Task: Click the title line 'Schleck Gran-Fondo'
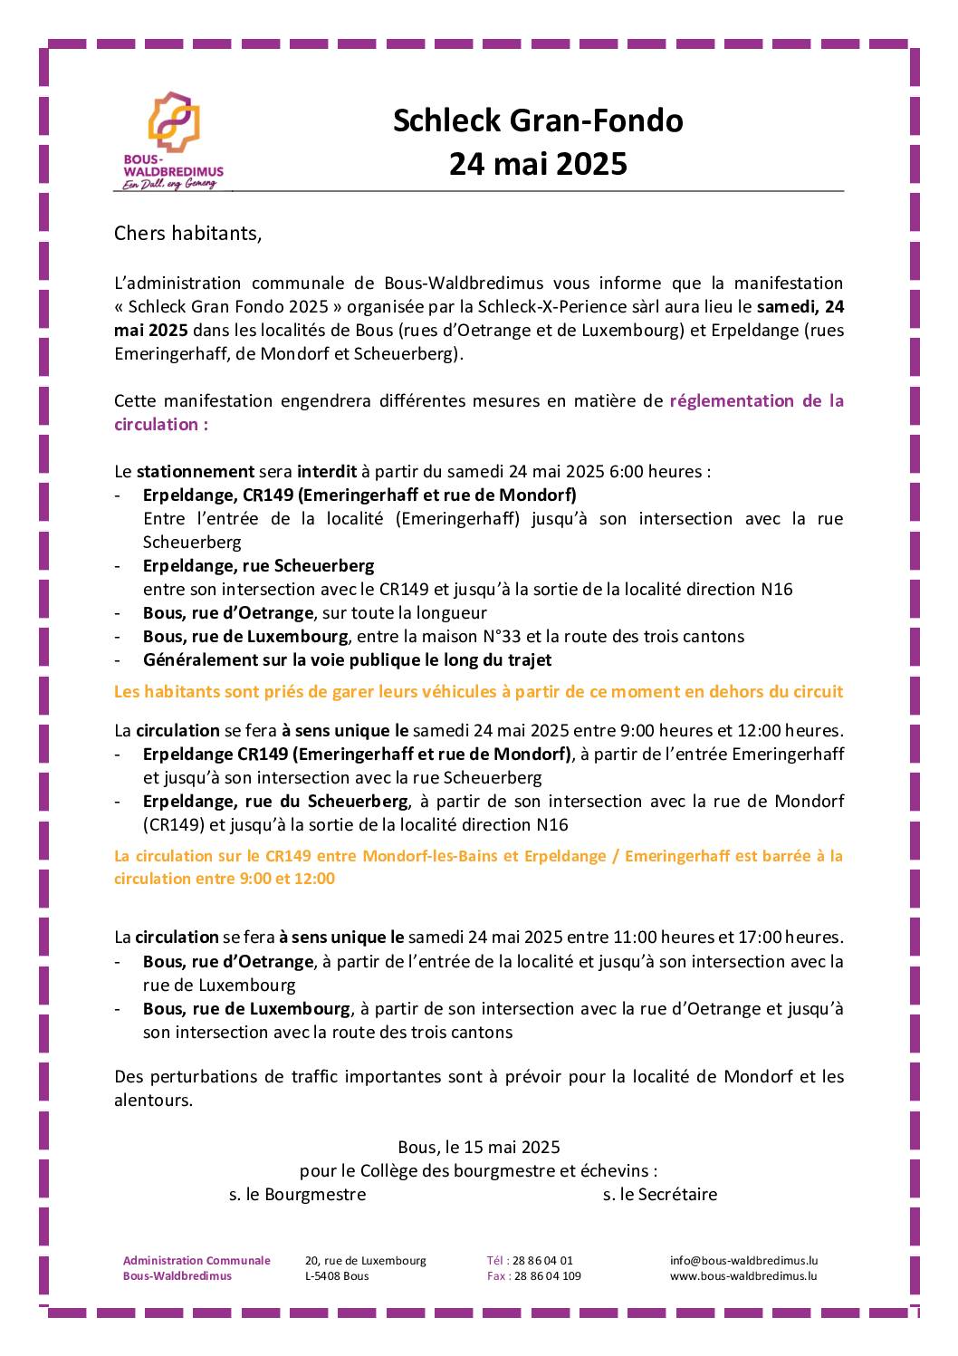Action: point(538,120)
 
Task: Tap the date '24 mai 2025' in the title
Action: point(538,164)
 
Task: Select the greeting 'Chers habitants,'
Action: point(187,234)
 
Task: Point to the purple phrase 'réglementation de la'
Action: point(756,400)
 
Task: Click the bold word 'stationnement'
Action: point(195,471)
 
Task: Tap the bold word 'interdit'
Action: point(327,471)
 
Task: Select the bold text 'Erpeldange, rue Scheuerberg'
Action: point(258,565)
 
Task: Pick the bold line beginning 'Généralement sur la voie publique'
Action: point(347,659)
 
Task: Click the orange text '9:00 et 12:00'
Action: point(287,879)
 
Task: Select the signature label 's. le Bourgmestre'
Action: point(297,1195)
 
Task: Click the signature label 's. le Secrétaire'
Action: point(659,1195)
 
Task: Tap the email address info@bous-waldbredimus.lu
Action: point(743,1260)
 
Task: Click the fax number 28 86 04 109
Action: point(547,1276)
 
